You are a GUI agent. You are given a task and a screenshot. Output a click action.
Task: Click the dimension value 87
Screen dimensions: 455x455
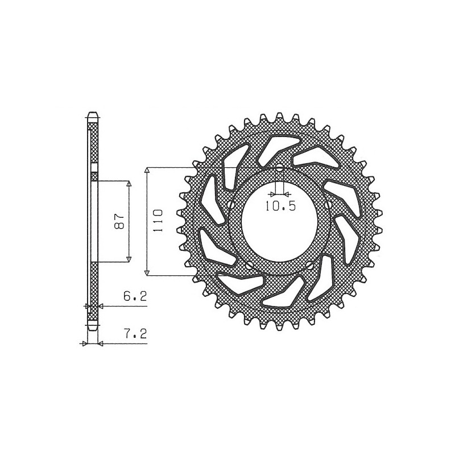tap(119, 222)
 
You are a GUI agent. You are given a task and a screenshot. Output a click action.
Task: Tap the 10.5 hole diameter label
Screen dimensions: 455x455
tap(280, 206)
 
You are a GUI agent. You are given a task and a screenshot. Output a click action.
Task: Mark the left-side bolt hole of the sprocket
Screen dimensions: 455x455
tap(230, 205)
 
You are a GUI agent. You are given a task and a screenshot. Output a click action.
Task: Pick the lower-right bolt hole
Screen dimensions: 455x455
tap(309, 264)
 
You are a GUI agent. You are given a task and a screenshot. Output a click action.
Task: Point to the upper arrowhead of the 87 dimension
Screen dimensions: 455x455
tap(129, 184)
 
